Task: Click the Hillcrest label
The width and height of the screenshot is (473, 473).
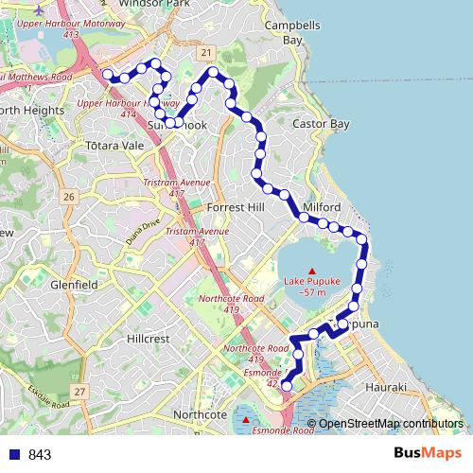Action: [149, 337]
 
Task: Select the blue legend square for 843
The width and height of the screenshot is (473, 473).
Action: [15, 454]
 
